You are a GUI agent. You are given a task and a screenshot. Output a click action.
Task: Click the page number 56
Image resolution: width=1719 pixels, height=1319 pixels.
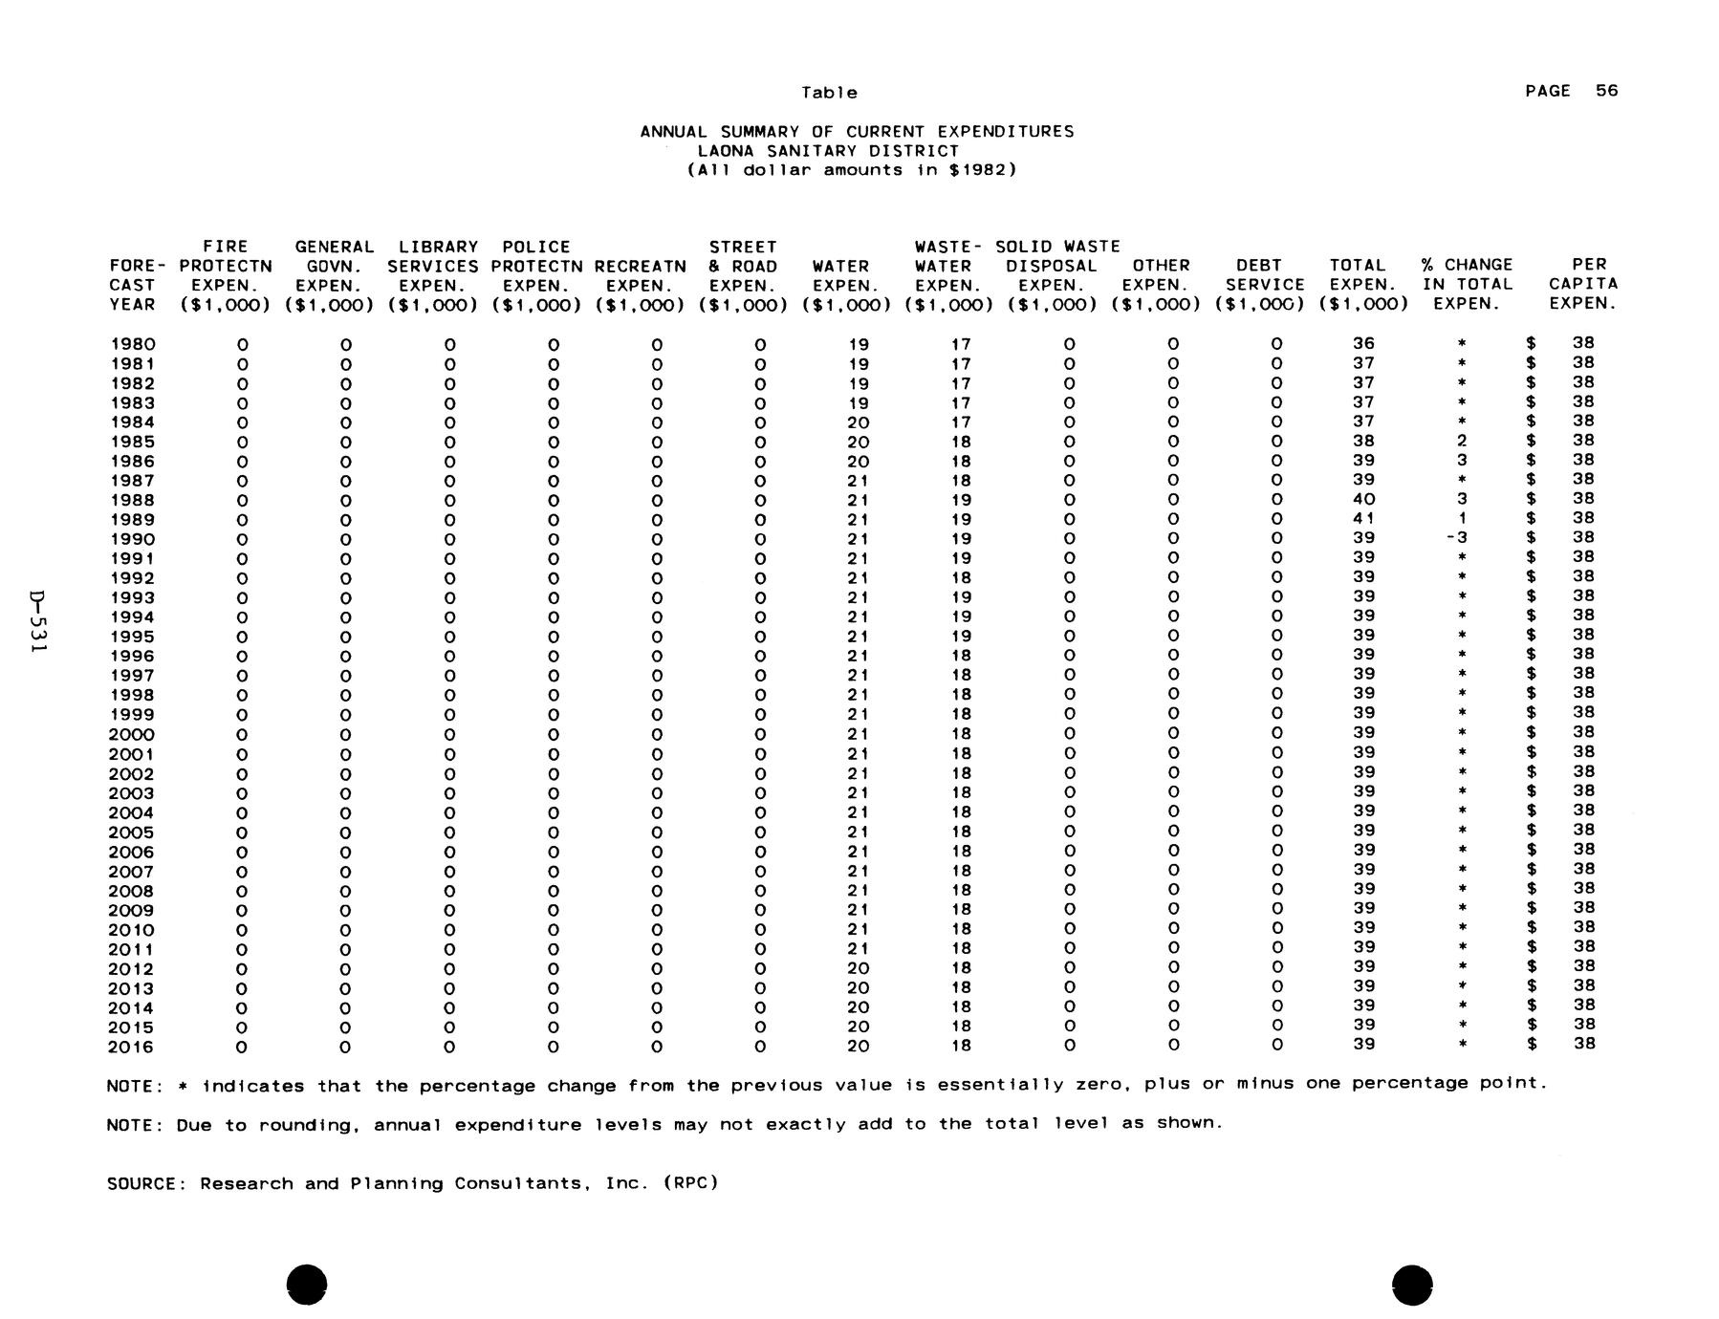point(1606,91)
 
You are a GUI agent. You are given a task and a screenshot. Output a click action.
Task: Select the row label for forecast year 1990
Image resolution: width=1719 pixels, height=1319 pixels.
point(133,539)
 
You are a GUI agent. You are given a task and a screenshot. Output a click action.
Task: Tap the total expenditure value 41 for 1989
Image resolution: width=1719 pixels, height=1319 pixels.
point(1363,519)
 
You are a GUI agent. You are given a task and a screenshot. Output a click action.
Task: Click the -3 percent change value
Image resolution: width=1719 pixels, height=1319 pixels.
point(1457,538)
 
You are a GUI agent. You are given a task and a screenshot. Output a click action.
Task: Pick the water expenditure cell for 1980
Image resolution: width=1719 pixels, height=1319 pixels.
point(858,344)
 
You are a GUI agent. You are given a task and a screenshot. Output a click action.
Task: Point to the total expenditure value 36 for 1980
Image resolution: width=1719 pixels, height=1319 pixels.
point(1363,343)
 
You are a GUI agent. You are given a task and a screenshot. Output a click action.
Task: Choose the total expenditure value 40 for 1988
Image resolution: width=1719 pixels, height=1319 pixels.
point(1363,499)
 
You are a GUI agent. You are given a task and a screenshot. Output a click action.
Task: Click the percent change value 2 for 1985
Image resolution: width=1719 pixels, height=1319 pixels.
point(1462,441)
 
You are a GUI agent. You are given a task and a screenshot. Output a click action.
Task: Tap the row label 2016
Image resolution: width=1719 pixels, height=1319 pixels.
point(133,1047)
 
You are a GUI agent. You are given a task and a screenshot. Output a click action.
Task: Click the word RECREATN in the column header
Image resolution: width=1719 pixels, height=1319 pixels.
point(640,267)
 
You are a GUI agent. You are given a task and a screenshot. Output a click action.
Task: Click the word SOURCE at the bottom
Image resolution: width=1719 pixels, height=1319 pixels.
point(141,1183)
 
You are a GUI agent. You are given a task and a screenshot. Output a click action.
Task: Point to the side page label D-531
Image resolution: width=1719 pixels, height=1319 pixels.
point(37,622)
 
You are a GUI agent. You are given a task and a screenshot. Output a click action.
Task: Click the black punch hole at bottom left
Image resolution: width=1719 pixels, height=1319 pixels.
point(306,1284)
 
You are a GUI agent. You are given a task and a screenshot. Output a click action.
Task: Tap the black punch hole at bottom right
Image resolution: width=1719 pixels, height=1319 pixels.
point(1412,1284)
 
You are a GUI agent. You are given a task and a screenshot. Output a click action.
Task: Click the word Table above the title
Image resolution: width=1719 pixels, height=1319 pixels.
point(829,93)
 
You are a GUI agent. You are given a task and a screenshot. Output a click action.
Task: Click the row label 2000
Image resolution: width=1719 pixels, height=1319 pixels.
point(133,734)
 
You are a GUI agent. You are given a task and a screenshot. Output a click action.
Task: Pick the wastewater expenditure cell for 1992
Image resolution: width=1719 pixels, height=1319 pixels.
point(961,578)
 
